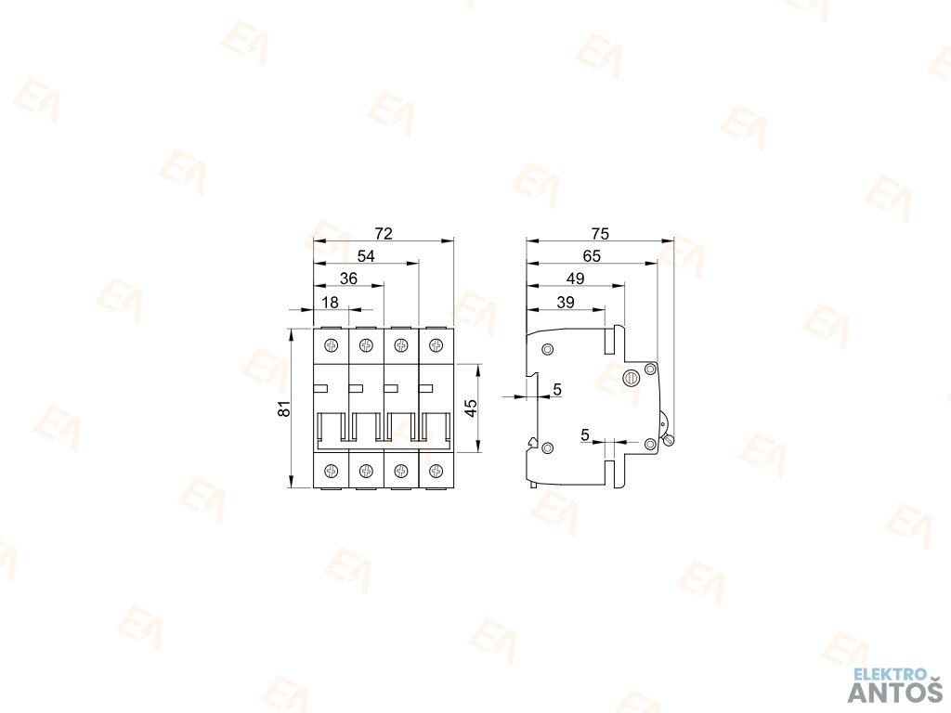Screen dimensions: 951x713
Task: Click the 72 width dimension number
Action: (x=384, y=233)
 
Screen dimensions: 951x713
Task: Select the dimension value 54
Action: (x=366, y=256)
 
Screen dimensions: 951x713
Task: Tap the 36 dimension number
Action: (x=348, y=279)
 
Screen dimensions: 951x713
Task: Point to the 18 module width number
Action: (x=331, y=303)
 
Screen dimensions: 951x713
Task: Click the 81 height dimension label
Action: (x=285, y=408)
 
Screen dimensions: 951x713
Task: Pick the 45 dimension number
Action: (x=471, y=408)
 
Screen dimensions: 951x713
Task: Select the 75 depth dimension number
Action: (x=599, y=233)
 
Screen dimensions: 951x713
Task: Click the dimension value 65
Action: (x=592, y=255)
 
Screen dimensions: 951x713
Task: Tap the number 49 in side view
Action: (x=575, y=279)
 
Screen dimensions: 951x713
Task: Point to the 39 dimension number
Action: (x=565, y=302)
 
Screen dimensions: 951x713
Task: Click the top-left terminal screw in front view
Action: (x=332, y=347)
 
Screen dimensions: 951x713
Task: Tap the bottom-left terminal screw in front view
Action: (x=332, y=469)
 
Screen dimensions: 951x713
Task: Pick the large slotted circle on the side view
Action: (x=631, y=377)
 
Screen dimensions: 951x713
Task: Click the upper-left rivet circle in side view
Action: (x=547, y=349)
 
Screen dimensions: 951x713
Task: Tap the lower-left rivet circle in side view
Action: (x=547, y=448)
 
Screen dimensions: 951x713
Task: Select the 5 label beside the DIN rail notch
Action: (x=556, y=390)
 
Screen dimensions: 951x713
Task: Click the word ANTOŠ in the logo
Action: (x=895, y=693)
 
